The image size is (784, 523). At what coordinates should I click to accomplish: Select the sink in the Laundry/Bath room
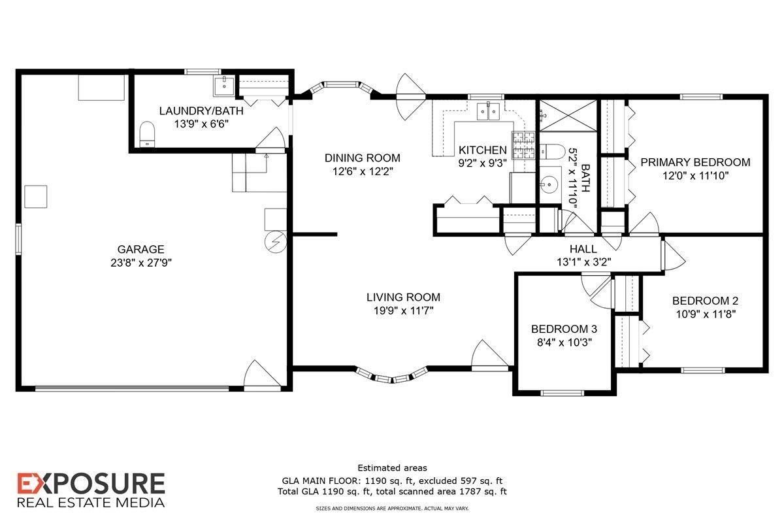[223, 84]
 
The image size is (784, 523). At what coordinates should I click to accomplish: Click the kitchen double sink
[487, 112]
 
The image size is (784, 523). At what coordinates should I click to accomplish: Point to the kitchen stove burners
[523, 145]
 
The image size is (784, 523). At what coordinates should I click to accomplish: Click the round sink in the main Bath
[549, 184]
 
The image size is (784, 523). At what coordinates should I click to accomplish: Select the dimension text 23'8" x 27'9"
[140, 263]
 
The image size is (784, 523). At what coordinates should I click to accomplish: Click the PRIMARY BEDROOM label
[695, 162]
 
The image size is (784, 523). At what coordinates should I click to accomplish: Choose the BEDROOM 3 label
[564, 329]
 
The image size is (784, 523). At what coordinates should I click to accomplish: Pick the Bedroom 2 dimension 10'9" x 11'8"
[705, 314]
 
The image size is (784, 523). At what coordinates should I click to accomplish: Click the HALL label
[583, 249]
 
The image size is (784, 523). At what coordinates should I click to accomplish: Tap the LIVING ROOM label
[403, 297]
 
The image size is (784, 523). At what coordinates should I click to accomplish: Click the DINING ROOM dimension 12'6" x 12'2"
[363, 171]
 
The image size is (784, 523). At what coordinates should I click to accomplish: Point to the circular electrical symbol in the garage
[275, 242]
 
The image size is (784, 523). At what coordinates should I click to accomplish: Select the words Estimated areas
[392, 467]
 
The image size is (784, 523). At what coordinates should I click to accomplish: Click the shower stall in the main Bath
[567, 116]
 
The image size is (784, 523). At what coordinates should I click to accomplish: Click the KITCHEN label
[483, 150]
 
